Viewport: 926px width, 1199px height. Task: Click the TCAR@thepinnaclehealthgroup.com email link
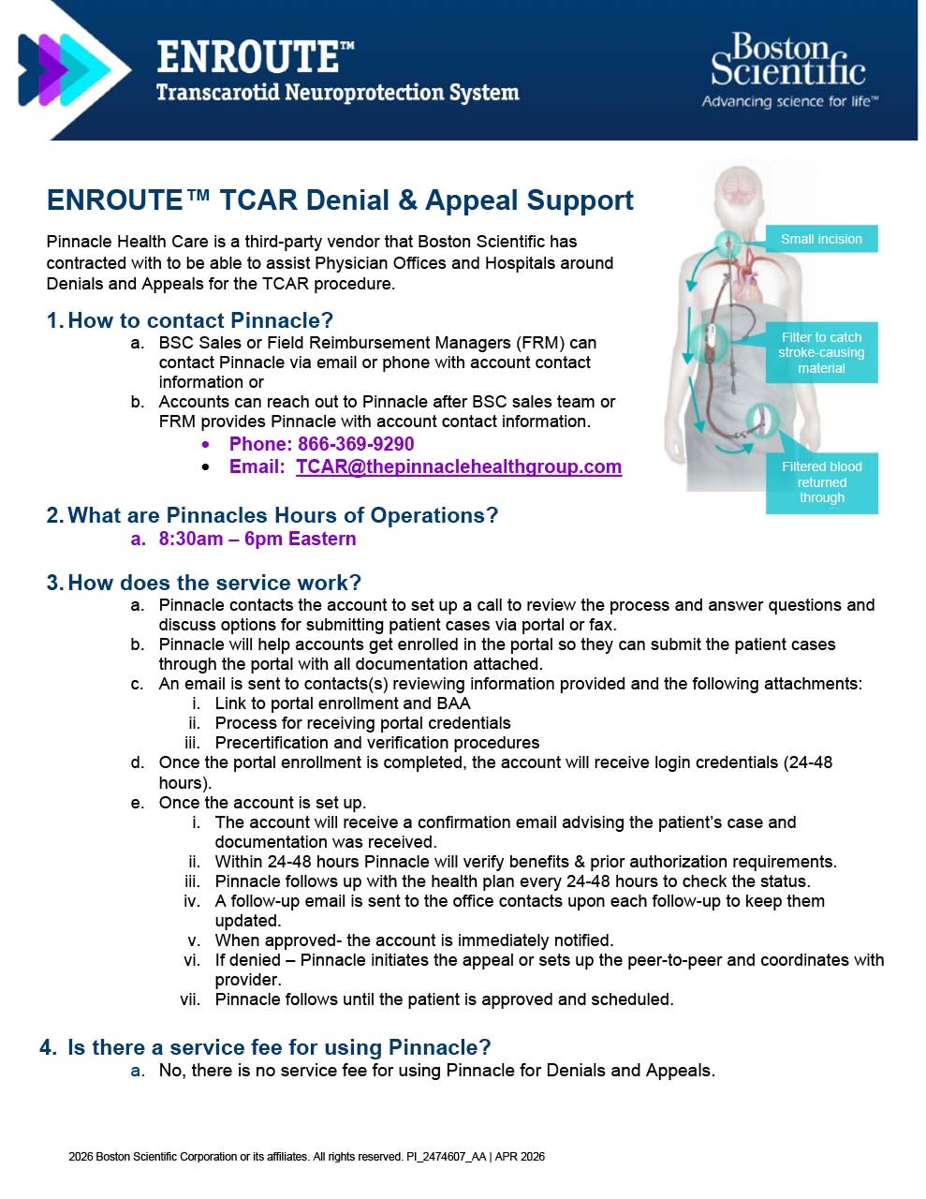point(459,466)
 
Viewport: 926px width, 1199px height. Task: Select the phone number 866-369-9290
point(355,444)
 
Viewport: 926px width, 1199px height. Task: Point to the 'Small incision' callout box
point(821,239)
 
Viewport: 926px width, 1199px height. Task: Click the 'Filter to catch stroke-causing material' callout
point(821,352)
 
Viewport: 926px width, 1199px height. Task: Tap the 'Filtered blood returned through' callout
point(821,482)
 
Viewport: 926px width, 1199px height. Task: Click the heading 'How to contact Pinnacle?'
point(200,320)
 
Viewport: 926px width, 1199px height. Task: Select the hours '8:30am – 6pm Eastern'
point(257,539)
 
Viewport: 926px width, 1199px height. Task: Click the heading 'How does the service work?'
point(214,583)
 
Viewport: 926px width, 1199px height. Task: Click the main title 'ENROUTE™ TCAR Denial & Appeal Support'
point(340,200)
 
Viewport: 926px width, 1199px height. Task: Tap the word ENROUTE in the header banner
point(247,57)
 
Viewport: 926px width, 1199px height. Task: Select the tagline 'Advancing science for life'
point(789,101)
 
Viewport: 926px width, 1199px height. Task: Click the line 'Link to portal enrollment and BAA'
point(343,703)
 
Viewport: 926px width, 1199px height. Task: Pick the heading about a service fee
point(279,1047)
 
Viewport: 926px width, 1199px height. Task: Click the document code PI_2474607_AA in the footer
point(447,1157)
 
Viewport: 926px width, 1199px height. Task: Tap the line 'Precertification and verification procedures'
point(377,743)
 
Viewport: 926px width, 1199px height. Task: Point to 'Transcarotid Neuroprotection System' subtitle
point(337,93)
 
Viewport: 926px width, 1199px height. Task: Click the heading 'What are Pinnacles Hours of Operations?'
point(283,515)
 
